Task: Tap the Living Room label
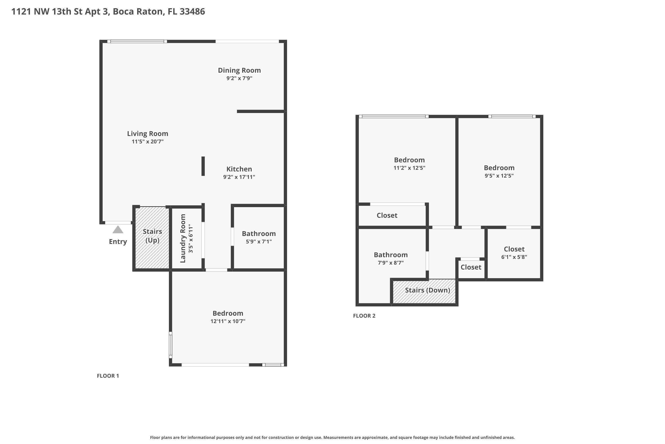click(x=147, y=134)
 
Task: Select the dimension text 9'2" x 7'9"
click(x=239, y=78)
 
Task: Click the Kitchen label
click(x=239, y=169)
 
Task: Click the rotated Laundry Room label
click(x=183, y=238)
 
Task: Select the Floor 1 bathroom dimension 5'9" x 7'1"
click(x=258, y=242)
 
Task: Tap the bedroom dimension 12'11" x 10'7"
click(x=228, y=321)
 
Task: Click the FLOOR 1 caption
click(x=108, y=376)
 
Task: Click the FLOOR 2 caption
click(x=364, y=316)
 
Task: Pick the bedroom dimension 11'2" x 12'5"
click(x=409, y=168)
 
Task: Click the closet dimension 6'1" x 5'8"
click(x=514, y=257)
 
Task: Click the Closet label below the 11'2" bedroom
click(x=387, y=216)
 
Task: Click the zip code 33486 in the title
click(x=192, y=12)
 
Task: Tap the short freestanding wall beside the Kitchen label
click(x=203, y=166)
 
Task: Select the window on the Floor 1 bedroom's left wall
click(x=170, y=345)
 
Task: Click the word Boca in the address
click(x=123, y=12)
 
